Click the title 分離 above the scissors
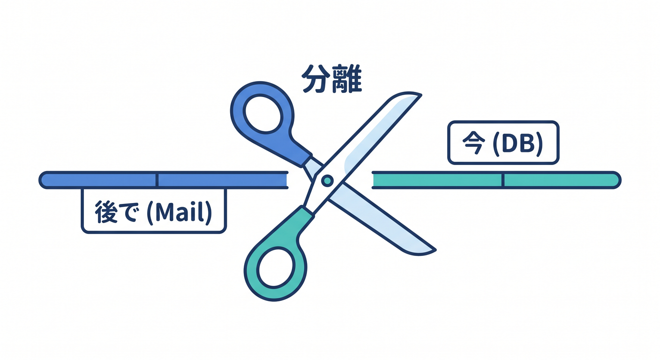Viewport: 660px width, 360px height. [x=332, y=79]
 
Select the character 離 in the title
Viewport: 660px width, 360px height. [x=347, y=79]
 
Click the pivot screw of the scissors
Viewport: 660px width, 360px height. [x=327, y=180]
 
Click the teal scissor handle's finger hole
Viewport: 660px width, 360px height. [x=276, y=268]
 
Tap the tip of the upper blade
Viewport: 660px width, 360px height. [x=421, y=95]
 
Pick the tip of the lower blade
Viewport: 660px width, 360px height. [x=435, y=251]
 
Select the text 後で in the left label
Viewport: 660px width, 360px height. [x=116, y=212]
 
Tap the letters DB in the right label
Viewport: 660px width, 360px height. [x=518, y=143]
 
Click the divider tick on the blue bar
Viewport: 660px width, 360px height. [x=157, y=180]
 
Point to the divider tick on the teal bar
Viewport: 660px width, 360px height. [x=502, y=180]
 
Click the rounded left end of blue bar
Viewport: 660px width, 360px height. [x=44, y=180]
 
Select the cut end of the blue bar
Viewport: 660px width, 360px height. [x=286, y=180]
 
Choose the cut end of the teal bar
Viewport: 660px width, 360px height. [x=374, y=180]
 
